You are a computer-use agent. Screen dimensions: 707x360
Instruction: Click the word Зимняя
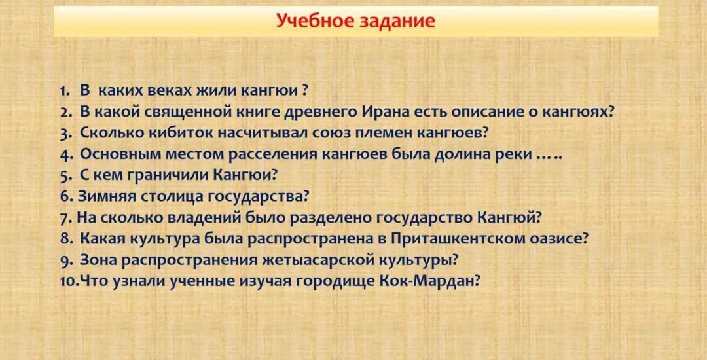(107, 196)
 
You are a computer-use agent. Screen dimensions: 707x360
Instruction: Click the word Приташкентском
(458, 239)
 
